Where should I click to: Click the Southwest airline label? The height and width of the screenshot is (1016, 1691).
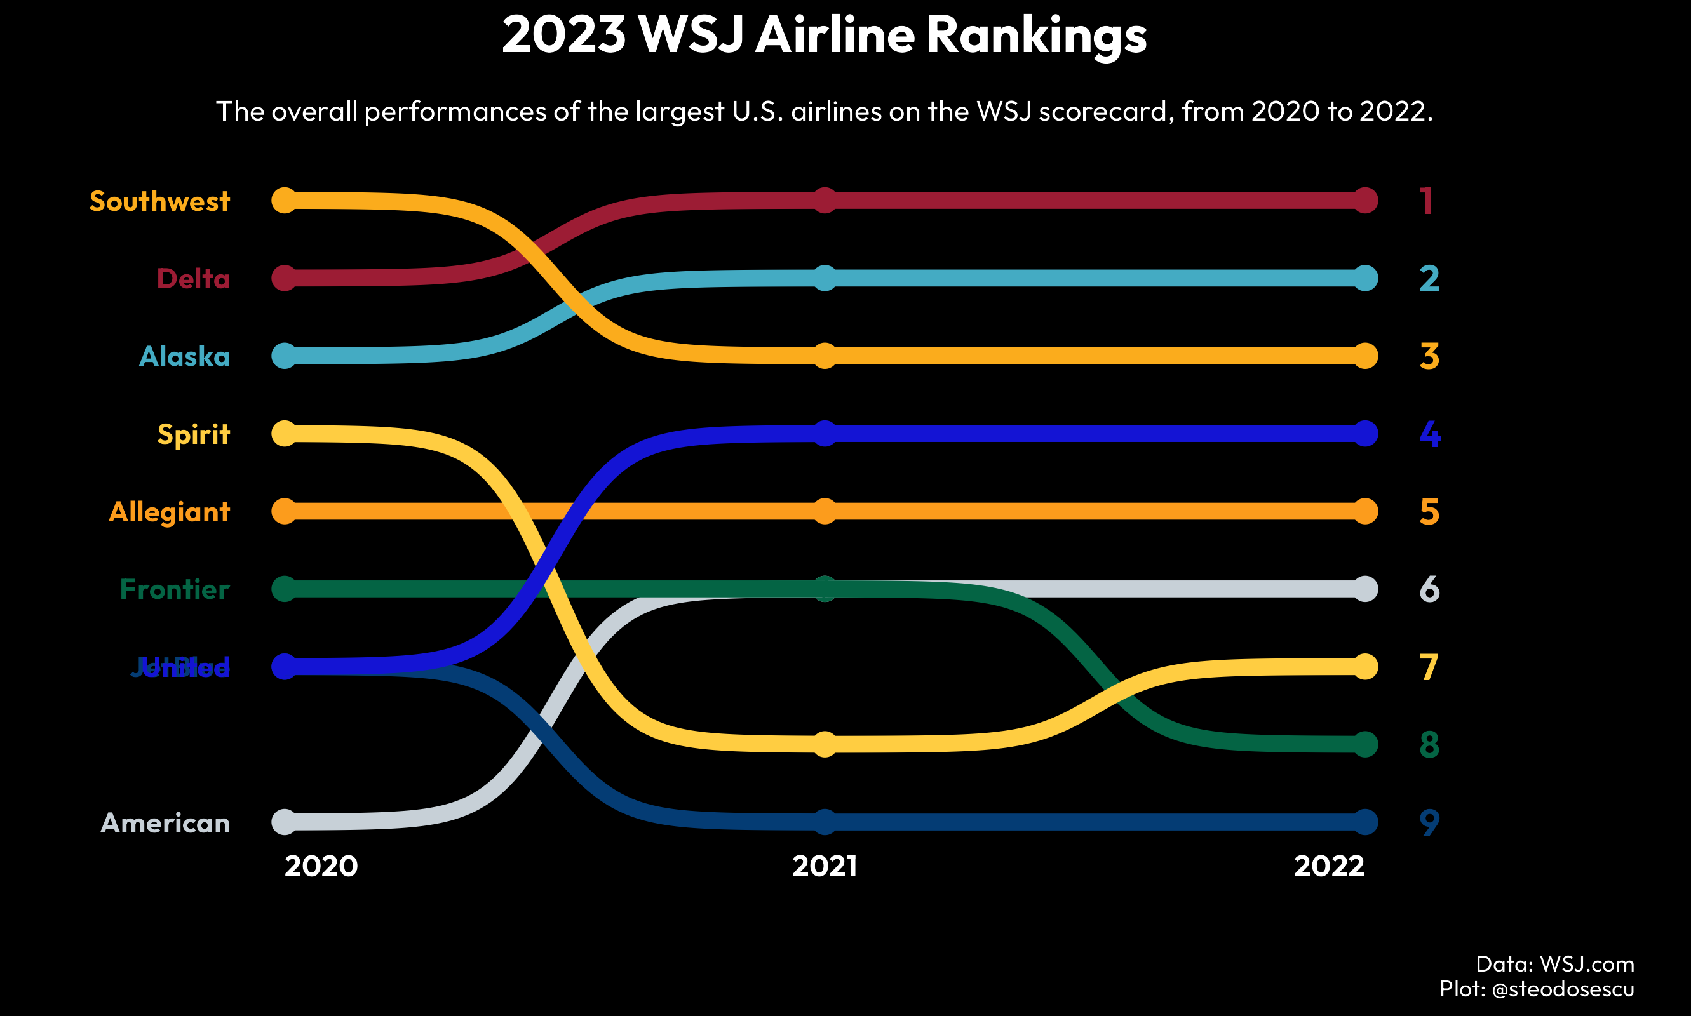tap(159, 201)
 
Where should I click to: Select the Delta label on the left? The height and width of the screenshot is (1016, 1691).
tap(193, 279)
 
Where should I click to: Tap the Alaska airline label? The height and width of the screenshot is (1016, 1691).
tap(184, 356)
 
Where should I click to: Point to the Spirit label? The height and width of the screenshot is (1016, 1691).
tap(193, 434)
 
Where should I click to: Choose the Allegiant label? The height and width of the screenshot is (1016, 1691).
tap(169, 512)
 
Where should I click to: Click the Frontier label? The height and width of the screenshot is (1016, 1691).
tap(175, 589)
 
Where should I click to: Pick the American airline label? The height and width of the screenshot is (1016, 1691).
tap(165, 823)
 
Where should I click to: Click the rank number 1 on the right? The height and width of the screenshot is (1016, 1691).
tap(1426, 201)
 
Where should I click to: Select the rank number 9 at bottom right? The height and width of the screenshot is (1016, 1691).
tap(1429, 823)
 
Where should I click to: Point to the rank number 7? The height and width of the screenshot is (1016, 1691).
tap(1429, 667)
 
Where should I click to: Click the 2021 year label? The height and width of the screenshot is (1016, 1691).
tap(825, 867)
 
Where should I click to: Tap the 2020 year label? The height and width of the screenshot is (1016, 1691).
tap(321, 867)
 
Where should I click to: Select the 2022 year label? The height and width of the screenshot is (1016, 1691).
tap(1329, 867)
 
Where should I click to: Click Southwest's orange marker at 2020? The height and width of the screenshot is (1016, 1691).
tap(284, 201)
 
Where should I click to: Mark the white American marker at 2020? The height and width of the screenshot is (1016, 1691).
tap(284, 822)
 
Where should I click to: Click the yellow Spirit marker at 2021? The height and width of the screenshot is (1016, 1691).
tap(825, 744)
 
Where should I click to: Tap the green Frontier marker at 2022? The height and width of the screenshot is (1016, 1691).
tap(1365, 744)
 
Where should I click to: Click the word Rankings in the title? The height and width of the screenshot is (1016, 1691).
tap(1036, 34)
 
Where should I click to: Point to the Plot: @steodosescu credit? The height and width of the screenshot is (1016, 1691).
tap(1536, 989)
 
